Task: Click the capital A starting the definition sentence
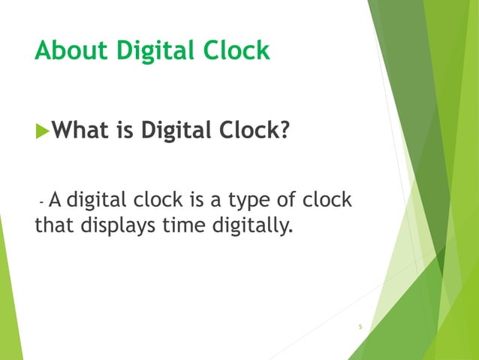pos(56,200)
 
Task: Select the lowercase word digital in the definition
pos(98,201)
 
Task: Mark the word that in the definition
pos(53,225)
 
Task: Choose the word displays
pos(120,225)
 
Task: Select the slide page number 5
pos(360,327)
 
